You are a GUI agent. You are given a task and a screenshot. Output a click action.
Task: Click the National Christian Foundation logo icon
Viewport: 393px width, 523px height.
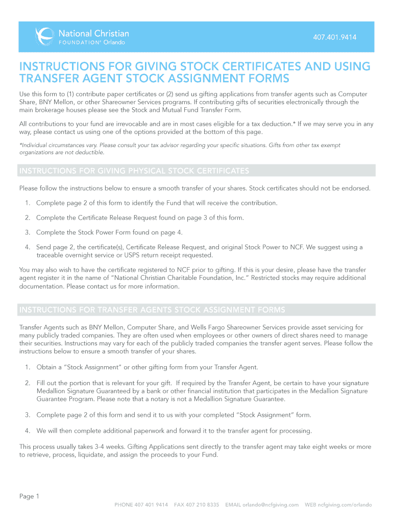click(44, 36)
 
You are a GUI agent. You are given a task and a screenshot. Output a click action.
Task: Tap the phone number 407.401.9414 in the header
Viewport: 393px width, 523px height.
click(335, 37)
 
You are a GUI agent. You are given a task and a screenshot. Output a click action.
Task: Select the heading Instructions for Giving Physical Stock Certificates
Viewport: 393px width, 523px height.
click(134, 171)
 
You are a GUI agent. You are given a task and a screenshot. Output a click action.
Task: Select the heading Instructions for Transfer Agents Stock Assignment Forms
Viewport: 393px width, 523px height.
click(152, 310)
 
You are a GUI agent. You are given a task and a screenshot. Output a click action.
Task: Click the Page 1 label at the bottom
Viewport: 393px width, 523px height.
click(29, 496)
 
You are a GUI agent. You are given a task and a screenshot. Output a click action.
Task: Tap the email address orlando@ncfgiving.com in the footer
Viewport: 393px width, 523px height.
click(271, 505)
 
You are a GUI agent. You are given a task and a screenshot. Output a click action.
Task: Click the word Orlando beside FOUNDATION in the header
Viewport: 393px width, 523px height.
click(114, 42)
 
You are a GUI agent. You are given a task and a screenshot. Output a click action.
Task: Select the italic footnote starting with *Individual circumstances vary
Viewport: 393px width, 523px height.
click(180, 149)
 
